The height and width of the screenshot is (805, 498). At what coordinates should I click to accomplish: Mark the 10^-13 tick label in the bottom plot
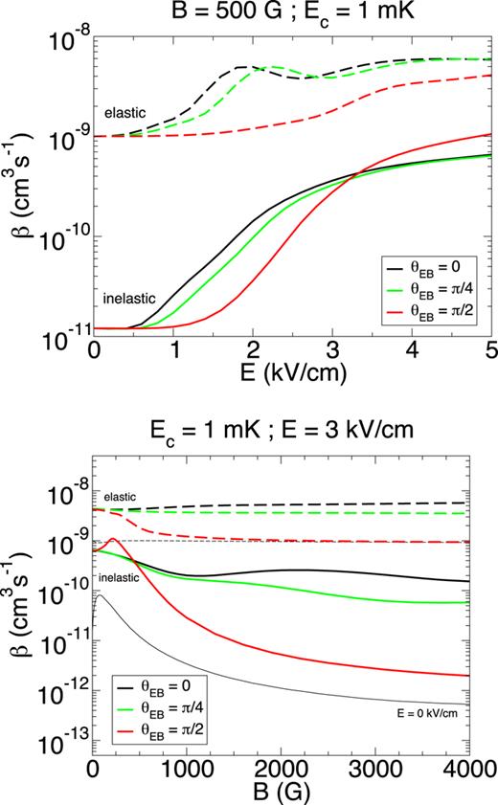click(x=67, y=735)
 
